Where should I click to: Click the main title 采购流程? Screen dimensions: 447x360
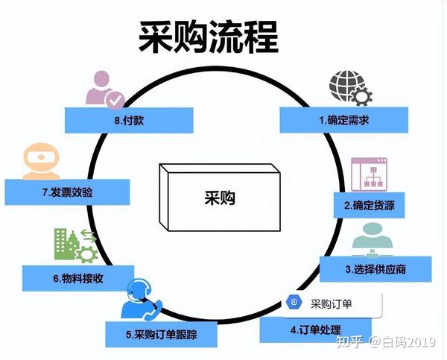click(x=209, y=38)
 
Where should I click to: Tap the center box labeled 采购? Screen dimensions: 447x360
click(x=220, y=198)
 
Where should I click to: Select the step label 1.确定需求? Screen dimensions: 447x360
click(x=343, y=120)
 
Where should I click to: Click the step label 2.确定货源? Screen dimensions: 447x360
click(x=370, y=206)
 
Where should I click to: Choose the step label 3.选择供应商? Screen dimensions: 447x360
click(x=375, y=269)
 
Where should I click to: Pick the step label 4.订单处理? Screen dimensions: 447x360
click(x=316, y=329)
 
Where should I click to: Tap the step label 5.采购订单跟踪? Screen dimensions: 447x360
click(x=162, y=335)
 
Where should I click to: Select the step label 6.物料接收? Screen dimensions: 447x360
click(x=78, y=279)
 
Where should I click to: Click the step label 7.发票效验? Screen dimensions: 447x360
click(x=67, y=192)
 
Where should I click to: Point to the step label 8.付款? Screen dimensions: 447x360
click(x=129, y=121)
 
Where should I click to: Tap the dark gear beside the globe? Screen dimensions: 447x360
click(x=361, y=97)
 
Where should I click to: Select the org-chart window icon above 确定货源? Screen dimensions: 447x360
click(x=369, y=174)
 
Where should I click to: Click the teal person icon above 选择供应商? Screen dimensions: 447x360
click(x=372, y=239)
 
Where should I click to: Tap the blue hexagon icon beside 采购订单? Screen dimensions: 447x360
click(x=294, y=302)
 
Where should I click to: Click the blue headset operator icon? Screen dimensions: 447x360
click(x=140, y=300)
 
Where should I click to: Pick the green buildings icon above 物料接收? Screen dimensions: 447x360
click(x=75, y=245)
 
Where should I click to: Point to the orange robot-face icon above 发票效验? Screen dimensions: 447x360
click(x=41, y=161)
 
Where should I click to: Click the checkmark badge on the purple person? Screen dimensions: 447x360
click(x=115, y=100)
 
